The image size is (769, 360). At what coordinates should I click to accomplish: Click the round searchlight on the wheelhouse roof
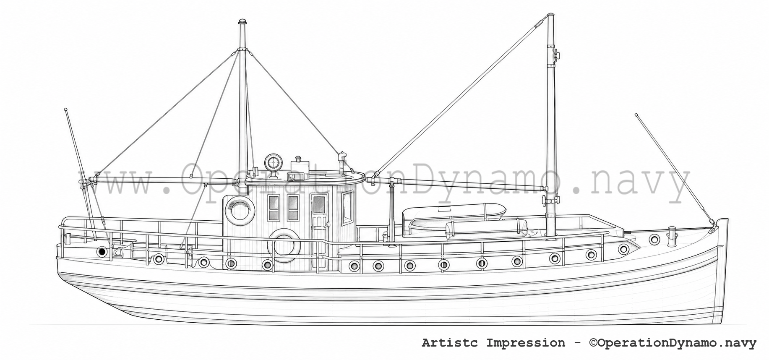click(272, 161)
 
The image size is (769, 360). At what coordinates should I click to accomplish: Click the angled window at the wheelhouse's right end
click(347, 208)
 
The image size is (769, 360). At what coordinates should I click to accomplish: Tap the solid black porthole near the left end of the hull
click(101, 251)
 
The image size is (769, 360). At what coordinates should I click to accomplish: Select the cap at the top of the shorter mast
click(242, 22)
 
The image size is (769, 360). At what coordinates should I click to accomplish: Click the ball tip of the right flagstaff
click(636, 115)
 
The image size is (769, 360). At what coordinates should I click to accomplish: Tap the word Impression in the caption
click(526, 343)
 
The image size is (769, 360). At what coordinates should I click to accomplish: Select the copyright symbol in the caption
click(593, 343)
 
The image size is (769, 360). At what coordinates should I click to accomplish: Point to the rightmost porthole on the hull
click(654, 240)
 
